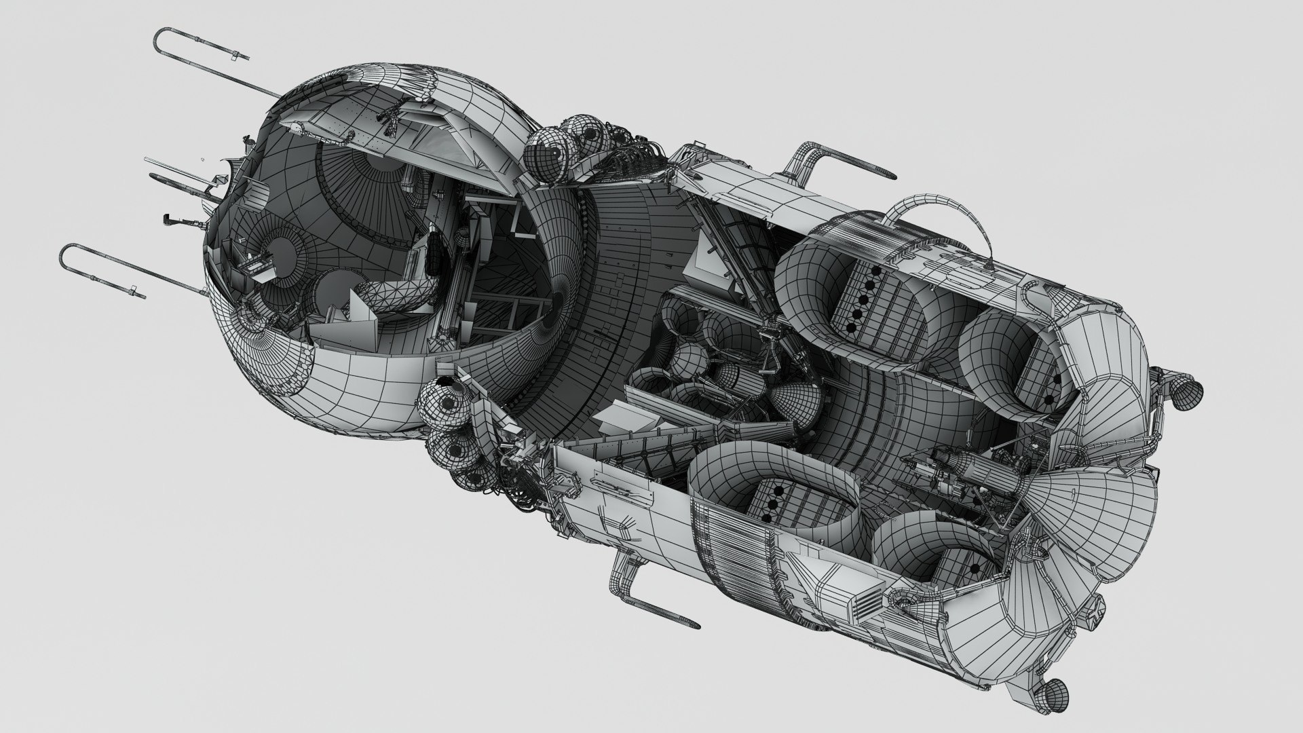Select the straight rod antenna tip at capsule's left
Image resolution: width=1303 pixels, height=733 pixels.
point(149,160)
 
